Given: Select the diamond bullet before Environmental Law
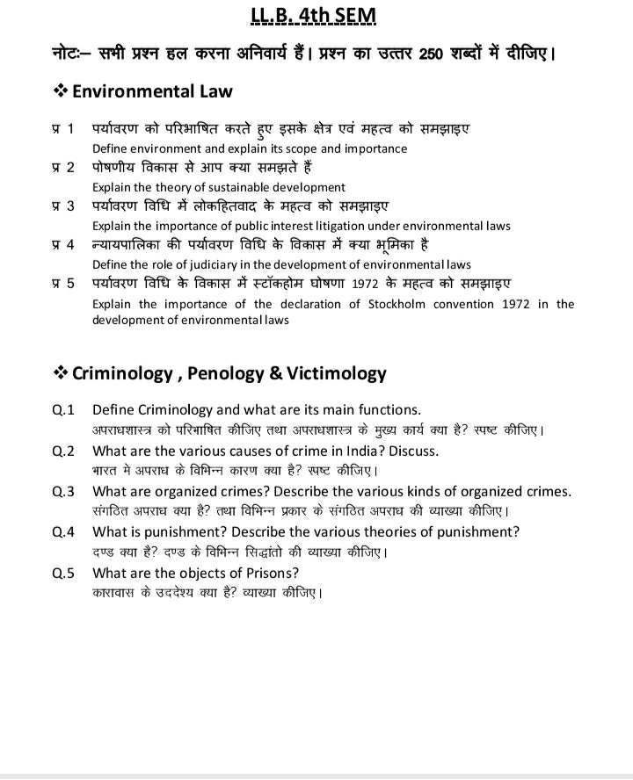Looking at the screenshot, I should point(61,91).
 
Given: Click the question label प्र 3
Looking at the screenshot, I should point(62,206).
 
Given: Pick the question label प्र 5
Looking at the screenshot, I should point(62,284).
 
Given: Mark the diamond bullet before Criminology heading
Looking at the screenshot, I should point(61,373).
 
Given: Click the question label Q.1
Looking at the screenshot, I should point(63,409).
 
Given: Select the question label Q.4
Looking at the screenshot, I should point(63,531).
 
